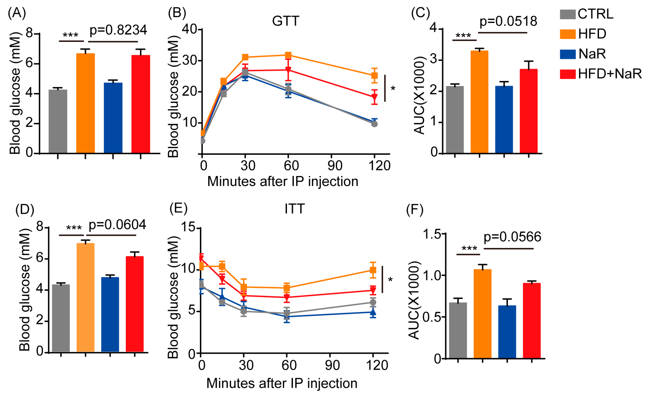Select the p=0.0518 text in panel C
(x=508, y=21)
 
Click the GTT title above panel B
(x=286, y=21)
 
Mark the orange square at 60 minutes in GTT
(x=288, y=55)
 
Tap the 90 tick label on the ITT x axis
(x=332, y=365)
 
